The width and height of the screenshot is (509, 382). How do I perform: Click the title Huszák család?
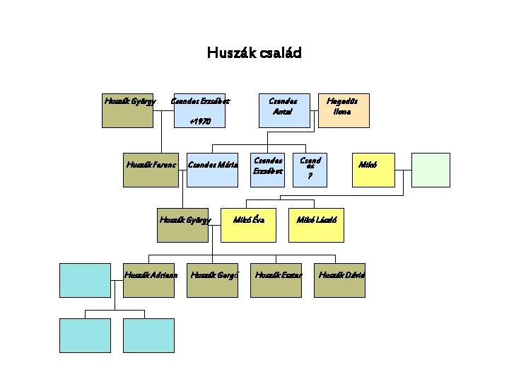254,53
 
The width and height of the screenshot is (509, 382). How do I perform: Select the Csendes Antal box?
283,110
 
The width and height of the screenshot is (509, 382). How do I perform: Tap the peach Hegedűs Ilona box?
344,110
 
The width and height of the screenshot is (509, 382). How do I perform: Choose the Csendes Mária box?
212,169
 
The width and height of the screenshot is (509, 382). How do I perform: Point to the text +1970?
201,122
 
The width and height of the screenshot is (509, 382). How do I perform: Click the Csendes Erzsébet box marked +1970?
201,110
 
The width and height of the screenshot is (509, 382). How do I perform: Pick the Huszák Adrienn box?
149,279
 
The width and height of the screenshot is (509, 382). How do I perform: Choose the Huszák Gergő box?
213,279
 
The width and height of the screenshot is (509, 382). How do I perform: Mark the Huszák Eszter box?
278,279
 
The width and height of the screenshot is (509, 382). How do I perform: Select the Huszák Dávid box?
341,279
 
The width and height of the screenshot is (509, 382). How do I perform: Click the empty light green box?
431,170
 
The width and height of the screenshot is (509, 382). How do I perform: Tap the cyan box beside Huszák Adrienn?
85,279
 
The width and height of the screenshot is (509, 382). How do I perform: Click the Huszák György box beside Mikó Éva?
183,225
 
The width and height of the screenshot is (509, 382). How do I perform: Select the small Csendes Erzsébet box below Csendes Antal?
269,170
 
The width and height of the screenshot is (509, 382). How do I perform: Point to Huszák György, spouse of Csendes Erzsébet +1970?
127,110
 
